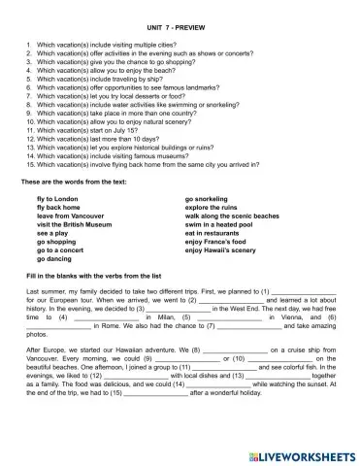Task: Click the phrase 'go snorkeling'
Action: [211, 198]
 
